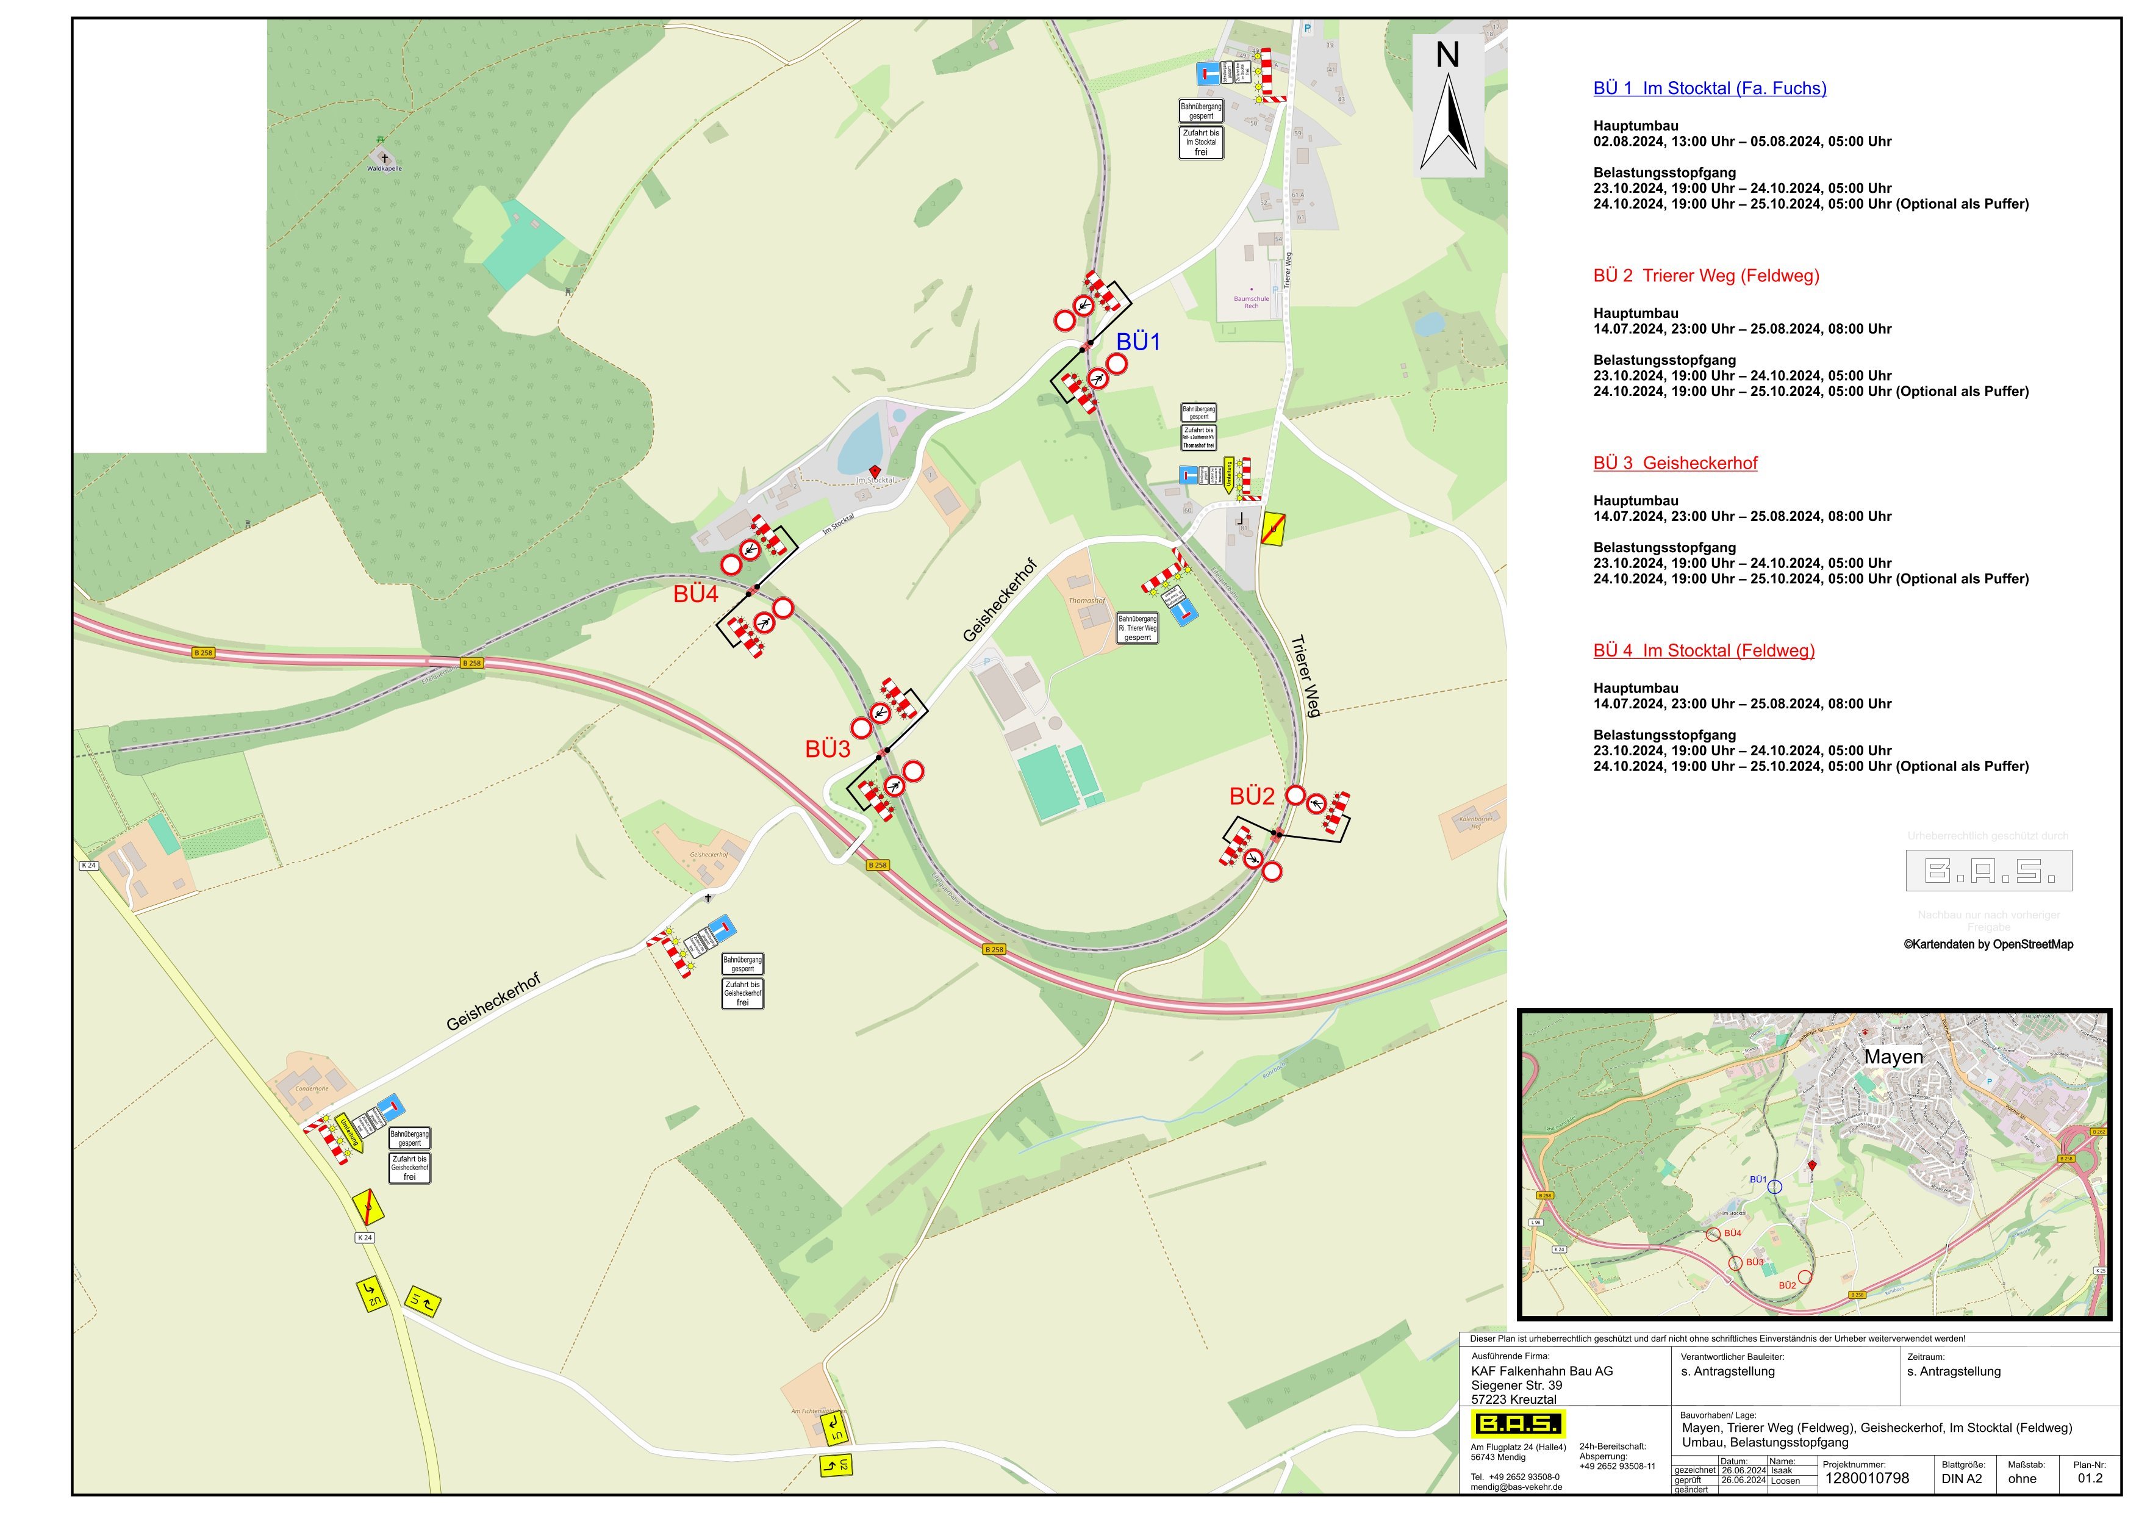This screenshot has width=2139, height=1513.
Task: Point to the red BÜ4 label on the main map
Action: click(x=696, y=594)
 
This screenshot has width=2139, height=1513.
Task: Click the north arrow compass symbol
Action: click(x=1448, y=107)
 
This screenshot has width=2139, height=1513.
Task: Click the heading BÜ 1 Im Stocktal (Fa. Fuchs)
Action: click(x=1710, y=88)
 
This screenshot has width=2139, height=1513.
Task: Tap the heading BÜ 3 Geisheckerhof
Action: click(x=1675, y=463)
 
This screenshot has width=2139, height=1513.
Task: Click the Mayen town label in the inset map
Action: click(x=1893, y=1057)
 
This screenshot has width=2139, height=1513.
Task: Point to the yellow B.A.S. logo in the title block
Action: click(x=1517, y=1423)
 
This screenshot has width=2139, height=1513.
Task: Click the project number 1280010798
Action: click(x=1866, y=1478)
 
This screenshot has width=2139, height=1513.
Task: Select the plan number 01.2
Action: click(x=2090, y=1478)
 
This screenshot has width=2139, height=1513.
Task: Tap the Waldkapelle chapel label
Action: click(x=384, y=168)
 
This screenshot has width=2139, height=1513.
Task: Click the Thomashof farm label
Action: click(x=1086, y=601)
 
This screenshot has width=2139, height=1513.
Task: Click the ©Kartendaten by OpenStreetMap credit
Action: click(x=1988, y=944)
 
